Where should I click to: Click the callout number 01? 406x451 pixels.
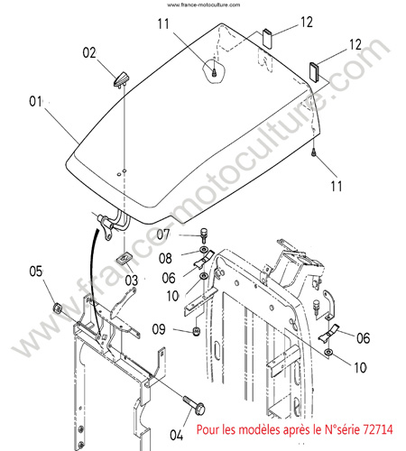(35, 101)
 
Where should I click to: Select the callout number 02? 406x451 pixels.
(89, 52)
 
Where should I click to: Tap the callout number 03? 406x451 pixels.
(132, 281)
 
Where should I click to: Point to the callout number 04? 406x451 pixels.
(177, 435)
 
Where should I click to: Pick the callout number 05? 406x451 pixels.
(36, 272)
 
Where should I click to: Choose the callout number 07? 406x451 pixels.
(163, 235)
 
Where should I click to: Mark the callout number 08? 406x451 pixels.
(165, 258)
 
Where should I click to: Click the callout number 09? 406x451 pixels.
(159, 329)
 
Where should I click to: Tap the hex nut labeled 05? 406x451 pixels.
(57, 308)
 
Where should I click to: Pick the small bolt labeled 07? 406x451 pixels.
(204, 235)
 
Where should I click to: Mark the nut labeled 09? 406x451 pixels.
(197, 332)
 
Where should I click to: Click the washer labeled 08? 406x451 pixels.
(204, 249)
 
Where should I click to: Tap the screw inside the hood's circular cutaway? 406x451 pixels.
(214, 72)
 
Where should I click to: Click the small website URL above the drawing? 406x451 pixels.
(204, 5)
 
